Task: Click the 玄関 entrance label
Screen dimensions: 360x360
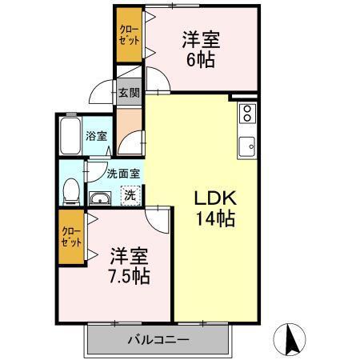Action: click(129, 92)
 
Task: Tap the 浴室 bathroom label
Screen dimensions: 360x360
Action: click(97, 137)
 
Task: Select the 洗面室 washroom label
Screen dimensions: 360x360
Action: click(124, 172)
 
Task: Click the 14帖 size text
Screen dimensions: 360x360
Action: click(214, 218)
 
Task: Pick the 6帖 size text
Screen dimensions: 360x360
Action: click(201, 61)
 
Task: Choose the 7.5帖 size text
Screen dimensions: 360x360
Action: click(130, 277)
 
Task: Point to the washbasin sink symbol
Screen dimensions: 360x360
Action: click(101, 199)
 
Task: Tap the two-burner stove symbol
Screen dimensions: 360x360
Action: click(247, 113)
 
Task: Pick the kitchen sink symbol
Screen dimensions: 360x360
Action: click(247, 145)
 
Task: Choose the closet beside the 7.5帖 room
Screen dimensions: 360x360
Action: click(70, 237)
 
